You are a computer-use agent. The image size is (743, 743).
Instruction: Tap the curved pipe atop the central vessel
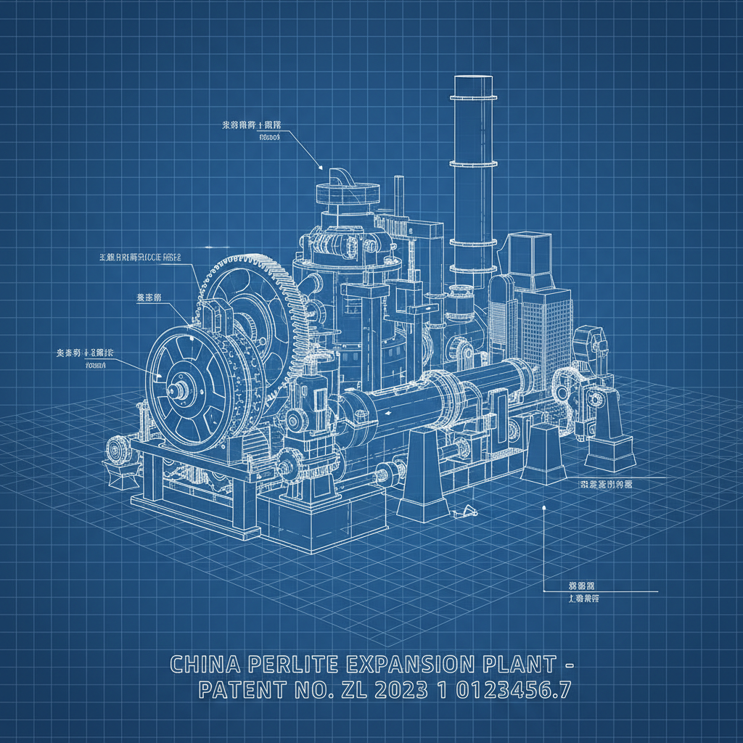[x=340, y=176]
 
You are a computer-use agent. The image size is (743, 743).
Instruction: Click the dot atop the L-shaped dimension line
[x=543, y=509]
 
